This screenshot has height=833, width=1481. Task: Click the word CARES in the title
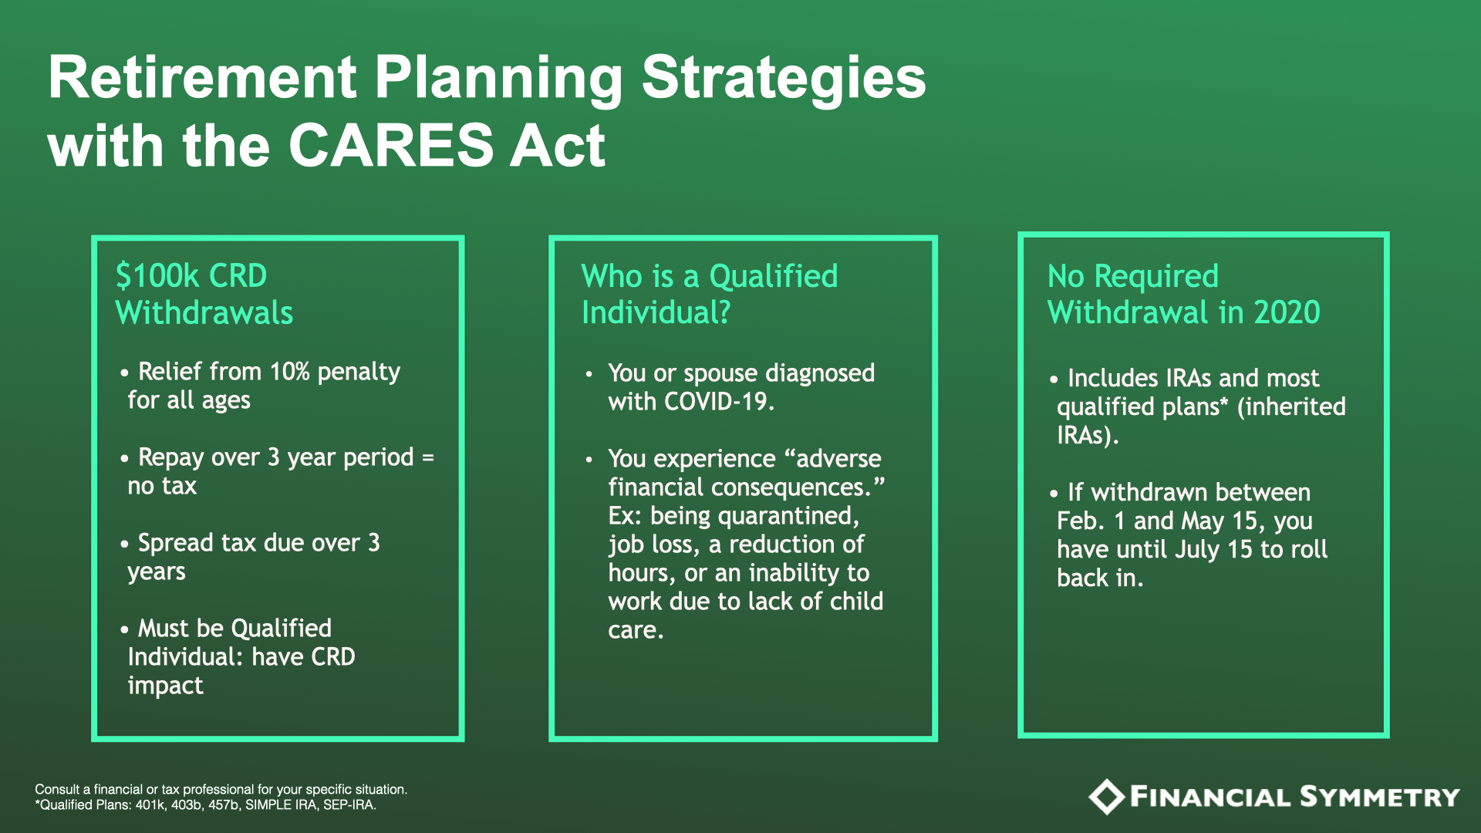point(390,145)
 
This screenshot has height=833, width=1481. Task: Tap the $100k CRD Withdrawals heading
point(204,294)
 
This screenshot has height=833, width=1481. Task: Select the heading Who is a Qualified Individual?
point(710,294)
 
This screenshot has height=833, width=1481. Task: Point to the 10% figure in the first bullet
point(290,372)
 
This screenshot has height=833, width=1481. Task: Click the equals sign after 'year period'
point(428,457)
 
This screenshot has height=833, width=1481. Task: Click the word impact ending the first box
point(165,686)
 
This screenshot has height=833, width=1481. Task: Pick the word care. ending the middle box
point(636,631)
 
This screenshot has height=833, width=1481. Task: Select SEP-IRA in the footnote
point(352,805)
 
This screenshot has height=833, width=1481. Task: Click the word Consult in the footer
point(57,789)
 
